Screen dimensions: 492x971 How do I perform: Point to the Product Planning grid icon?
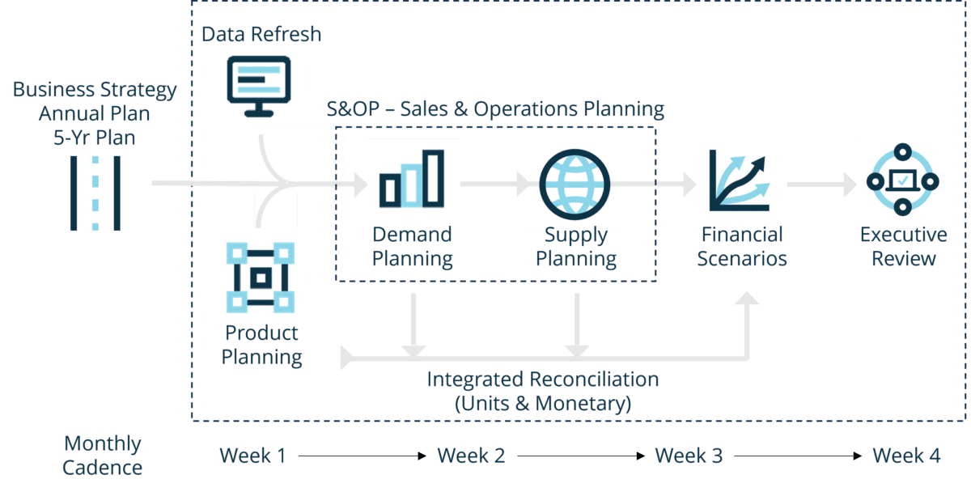(260, 277)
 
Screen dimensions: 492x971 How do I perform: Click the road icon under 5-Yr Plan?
(95, 191)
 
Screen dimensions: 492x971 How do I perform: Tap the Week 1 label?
(252, 456)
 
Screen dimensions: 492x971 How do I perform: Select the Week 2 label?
(471, 456)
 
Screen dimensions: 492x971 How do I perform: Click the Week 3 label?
(689, 456)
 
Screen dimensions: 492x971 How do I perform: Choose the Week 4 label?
(906, 456)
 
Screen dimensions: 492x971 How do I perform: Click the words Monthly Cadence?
(102, 455)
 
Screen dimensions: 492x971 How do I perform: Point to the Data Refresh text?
(261, 35)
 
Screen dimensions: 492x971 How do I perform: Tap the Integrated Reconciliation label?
(542, 380)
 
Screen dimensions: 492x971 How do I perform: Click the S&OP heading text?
(495, 108)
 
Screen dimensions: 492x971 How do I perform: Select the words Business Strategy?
(95, 90)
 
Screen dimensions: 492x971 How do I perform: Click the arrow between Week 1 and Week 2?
(361, 456)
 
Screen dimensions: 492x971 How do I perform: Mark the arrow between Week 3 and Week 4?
(797, 456)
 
